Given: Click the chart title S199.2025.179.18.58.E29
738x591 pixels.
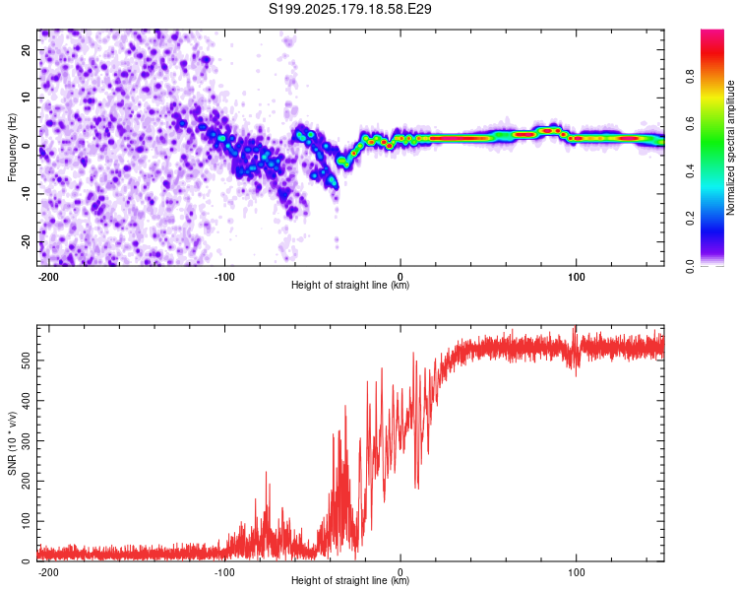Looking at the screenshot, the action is (x=349, y=9).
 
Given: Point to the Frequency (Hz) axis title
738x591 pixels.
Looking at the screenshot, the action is (x=12, y=148).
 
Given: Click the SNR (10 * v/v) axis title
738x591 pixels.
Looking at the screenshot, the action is (x=12, y=443).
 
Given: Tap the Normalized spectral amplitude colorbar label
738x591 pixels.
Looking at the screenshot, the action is (x=730, y=148).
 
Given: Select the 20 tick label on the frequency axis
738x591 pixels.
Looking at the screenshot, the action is (x=26, y=50).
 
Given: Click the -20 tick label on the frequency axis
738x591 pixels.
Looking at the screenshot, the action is (x=26, y=242).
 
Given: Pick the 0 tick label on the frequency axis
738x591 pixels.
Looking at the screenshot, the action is (x=26, y=146).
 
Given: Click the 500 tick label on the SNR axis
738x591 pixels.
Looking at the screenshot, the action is (x=26, y=361).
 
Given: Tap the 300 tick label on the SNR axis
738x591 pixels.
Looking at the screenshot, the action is (x=26, y=440).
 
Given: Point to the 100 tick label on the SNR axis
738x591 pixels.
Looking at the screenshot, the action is (x=26, y=521).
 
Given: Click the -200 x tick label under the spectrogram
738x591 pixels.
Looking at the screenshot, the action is (x=48, y=277).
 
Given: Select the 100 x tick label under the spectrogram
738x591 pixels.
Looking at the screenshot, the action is (x=576, y=277).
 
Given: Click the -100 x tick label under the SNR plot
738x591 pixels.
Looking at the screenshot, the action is (x=224, y=572).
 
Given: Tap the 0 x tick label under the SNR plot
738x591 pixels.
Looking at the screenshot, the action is (x=400, y=572).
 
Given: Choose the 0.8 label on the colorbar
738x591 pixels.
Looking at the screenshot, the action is (x=690, y=76).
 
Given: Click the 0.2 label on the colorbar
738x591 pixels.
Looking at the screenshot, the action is (x=690, y=219).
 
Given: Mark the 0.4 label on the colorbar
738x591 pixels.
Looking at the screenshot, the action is (x=690, y=171).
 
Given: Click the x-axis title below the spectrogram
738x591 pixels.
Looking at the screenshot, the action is (x=350, y=285).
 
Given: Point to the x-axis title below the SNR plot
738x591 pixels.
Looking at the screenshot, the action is (x=350, y=580).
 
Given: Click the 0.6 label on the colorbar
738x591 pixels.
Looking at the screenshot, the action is (x=690, y=123).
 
